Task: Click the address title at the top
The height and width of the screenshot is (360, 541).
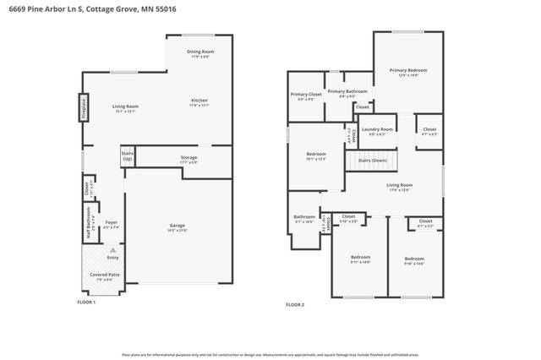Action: [72, 11]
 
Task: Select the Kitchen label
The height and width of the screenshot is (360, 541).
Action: [199, 101]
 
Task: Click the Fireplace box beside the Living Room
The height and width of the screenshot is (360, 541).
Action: [85, 107]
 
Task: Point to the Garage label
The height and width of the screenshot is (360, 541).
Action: [178, 226]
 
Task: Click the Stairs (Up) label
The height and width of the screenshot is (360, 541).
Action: [128, 156]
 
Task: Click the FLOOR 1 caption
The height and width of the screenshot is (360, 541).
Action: [86, 302]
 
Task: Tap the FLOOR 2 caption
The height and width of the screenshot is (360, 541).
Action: [294, 304]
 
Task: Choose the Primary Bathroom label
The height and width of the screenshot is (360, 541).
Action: [347, 92]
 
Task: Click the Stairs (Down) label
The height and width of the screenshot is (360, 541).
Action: [372, 159]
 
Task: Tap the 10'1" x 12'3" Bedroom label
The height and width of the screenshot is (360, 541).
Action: [316, 155]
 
